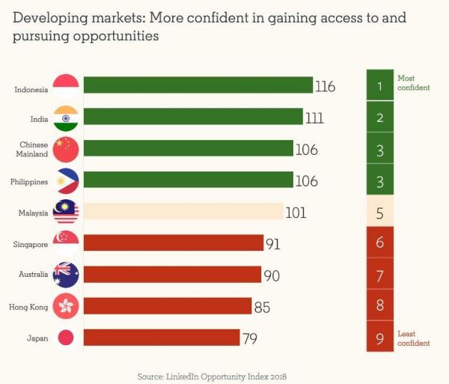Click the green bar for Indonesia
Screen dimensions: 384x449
[198, 85]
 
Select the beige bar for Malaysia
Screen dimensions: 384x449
[183, 212]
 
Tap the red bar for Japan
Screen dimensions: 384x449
[162, 338]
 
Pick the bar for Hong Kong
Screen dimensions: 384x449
[168, 306]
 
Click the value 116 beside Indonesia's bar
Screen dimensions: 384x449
[325, 87]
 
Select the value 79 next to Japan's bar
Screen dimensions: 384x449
[250, 338]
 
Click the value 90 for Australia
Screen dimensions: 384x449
[272, 275]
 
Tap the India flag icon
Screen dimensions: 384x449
[66, 118]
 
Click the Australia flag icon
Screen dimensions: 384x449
[66, 275]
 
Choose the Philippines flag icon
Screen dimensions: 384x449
[66, 181]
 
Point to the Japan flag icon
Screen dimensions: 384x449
[66, 338]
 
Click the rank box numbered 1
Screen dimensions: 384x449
[380, 85]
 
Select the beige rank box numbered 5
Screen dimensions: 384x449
[380, 213]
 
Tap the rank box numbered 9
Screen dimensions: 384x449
[380, 338]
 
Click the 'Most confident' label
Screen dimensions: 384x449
[413, 82]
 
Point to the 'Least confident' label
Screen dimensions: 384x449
[413, 338]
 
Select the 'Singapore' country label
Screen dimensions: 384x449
[31, 244]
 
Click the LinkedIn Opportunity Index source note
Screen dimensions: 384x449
[212, 375]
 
